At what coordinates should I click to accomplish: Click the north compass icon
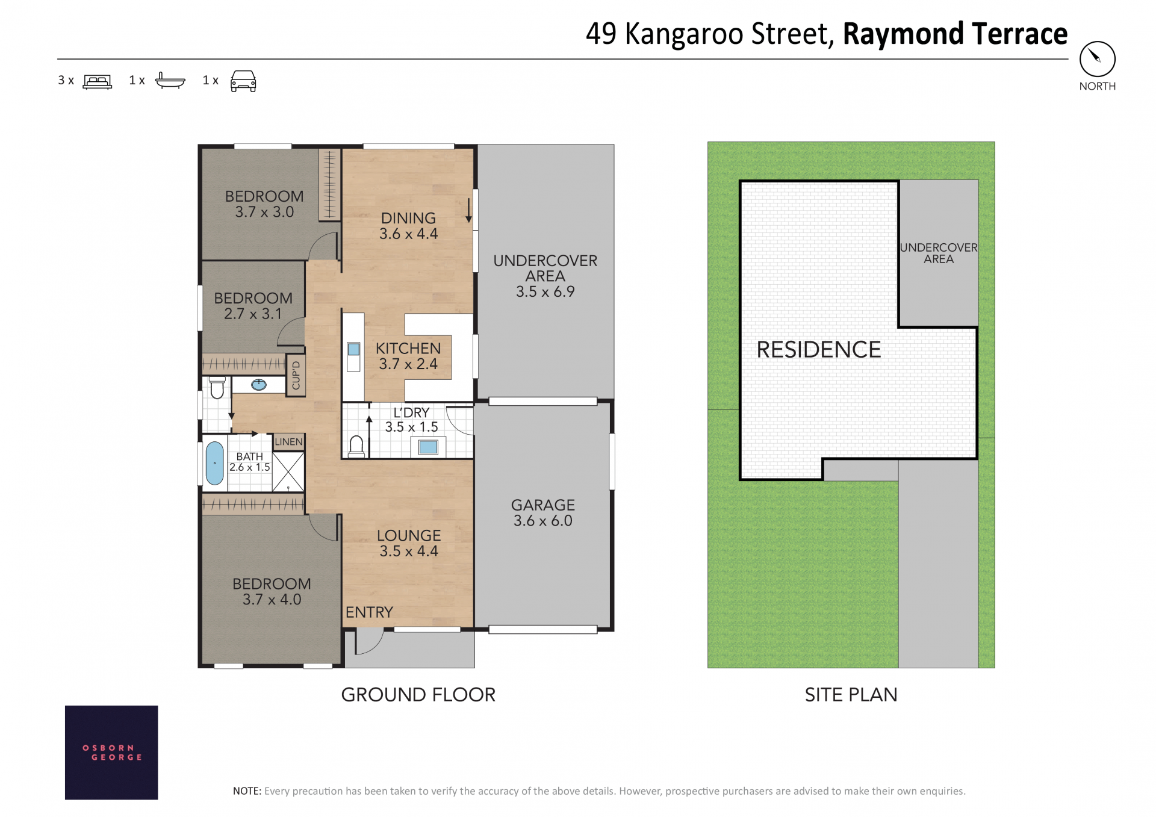coord(1097,59)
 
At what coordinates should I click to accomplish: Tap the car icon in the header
coord(243,81)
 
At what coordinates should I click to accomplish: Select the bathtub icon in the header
coord(170,80)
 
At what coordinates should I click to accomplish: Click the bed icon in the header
coord(98,81)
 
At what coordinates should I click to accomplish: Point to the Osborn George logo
coord(111,752)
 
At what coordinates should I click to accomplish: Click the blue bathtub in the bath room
coord(214,463)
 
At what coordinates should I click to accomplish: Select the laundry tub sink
coord(428,447)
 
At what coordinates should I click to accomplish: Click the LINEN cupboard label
coord(288,442)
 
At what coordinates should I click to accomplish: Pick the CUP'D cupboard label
coord(296,376)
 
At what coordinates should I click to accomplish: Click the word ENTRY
coord(369,612)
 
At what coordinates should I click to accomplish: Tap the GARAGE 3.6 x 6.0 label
coord(543,513)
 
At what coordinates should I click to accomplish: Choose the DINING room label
coord(408,218)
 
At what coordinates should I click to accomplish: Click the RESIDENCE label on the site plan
coord(819,350)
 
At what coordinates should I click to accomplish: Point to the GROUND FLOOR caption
coord(418,695)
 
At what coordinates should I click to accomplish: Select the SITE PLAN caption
coord(851,695)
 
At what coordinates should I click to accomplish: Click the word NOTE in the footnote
coord(247,791)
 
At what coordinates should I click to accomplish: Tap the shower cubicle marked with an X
coord(288,472)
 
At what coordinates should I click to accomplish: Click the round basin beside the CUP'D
coord(259,385)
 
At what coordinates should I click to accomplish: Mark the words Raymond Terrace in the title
coord(955,34)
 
